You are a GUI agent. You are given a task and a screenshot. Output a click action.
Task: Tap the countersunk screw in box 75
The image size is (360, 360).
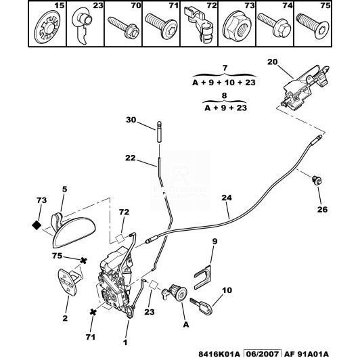pos(313,26)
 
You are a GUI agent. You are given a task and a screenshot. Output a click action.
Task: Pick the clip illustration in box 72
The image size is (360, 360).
pos(199,26)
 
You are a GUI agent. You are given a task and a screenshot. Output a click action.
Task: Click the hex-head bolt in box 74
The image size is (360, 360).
pos(274,26)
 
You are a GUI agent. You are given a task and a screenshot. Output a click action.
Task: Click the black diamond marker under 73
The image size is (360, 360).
pos(37,225)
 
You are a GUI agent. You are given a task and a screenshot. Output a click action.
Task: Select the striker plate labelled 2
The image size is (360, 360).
pos(69,280)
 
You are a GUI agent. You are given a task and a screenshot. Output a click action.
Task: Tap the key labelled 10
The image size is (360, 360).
pos(202,306)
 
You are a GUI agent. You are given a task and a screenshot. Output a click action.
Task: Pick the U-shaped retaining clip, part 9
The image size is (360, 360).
pos(204,277)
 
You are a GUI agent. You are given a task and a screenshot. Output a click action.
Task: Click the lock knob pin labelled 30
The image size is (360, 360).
pos(159,131)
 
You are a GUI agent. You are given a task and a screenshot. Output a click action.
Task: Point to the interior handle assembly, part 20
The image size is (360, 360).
pos(304,87)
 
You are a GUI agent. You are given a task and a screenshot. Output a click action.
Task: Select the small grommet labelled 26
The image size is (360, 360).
pos(317,180)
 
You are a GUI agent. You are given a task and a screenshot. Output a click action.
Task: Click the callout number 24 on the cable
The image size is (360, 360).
pos(227,198)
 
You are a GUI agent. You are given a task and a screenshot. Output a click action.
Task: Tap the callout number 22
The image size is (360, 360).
pos(131,158)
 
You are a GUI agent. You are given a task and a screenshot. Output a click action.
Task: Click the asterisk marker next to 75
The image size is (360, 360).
pos(84,261)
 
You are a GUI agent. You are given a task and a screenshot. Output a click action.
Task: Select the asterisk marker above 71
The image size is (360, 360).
pos(93,312)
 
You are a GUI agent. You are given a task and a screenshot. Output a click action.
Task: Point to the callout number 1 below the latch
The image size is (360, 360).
pos(125,342)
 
